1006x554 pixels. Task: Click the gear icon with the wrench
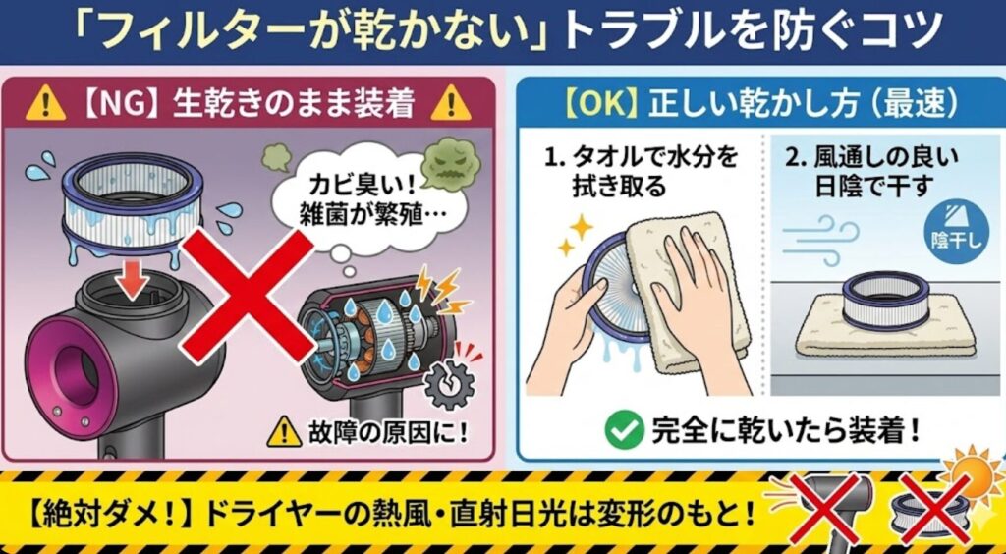click(450, 385)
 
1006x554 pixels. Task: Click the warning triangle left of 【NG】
click(45, 104)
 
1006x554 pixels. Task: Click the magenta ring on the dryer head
click(71, 379)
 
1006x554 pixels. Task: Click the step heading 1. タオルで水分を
click(641, 158)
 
